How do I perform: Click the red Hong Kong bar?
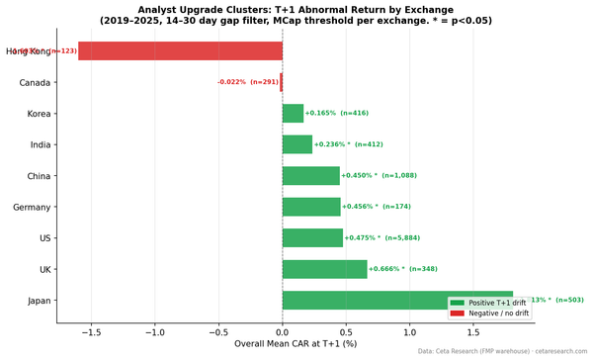(x=180, y=51)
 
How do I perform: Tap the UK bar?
(x=324, y=269)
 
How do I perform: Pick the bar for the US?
(x=312, y=238)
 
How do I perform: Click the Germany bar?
(x=311, y=207)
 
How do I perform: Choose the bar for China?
(x=310, y=176)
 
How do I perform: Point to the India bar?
(x=296, y=144)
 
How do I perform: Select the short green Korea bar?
(x=293, y=114)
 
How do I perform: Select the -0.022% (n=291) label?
(x=247, y=82)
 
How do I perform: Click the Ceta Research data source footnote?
(x=502, y=352)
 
